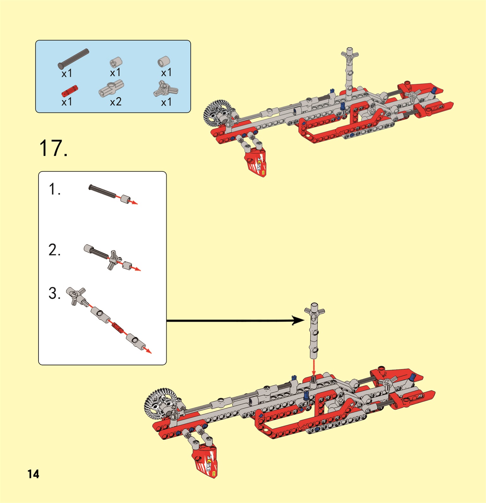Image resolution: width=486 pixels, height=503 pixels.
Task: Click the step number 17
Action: pyautogui.click(x=53, y=148)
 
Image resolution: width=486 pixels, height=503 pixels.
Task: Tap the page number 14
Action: pyautogui.click(x=33, y=474)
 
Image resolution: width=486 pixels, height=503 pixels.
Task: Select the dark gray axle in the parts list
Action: pyautogui.click(x=73, y=59)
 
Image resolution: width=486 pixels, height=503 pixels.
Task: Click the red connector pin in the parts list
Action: pyautogui.click(x=70, y=91)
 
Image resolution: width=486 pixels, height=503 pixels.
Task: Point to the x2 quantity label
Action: pyautogui.click(x=116, y=102)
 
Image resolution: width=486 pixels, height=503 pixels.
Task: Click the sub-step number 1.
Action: pyautogui.click(x=54, y=189)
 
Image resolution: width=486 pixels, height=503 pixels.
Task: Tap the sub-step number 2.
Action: pyautogui.click(x=54, y=250)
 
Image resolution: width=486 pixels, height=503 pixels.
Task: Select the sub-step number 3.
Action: pyautogui.click(x=54, y=293)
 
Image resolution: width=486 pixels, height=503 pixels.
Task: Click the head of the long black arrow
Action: pyautogui.click(x=298, y=320)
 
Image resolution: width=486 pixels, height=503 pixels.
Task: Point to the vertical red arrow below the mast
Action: pyautogui.click(x=313, y=368)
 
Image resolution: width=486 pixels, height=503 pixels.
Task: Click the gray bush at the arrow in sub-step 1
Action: pyautogui.click(x=125, y=199)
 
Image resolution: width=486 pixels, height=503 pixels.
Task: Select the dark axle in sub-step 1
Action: pyautogui.click(x=102, y=191)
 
